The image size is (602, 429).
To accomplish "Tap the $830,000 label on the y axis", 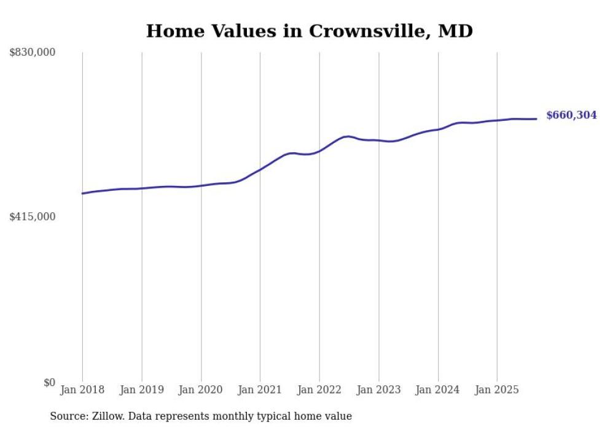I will click(x=32, y=53).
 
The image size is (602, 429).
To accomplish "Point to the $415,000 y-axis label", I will click(x=32, y=217).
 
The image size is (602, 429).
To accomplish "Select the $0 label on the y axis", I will click(x=49, y=382).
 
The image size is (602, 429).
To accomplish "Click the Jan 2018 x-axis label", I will click(x=82, y=390).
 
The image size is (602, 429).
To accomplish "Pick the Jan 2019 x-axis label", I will click(x=142, y=390).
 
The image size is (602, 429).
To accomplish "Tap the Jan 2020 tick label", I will click(x=201, y=390).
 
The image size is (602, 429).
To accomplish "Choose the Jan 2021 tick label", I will click(x=260, y=390).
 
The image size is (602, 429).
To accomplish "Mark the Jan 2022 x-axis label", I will click(x=319, y=390).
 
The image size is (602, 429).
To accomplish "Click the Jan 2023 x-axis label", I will click(x=378, y=390).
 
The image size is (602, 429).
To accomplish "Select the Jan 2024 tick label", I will click(x=437, y=390).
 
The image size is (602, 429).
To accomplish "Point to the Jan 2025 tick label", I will click(x=497, y=390).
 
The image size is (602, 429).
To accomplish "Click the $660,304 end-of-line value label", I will click(x=571, y=115).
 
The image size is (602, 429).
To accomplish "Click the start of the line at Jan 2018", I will click(x=82, y=193).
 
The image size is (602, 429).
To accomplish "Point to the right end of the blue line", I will click(x=537, y=119).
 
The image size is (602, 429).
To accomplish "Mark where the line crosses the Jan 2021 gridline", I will click(x=260, y=169).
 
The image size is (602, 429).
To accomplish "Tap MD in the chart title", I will click(x=455, y=31).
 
